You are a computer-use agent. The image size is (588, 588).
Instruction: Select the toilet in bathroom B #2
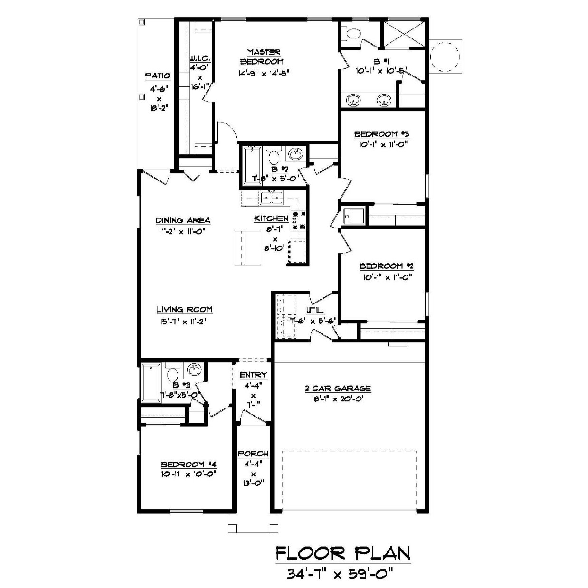point(274,156)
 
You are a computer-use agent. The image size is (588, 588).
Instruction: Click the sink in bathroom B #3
point(194,370)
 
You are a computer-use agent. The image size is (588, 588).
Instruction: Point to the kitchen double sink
point(272,198)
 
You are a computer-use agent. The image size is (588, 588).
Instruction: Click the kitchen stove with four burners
point(298,220)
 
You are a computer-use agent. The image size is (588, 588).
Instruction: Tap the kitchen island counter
point(248,248)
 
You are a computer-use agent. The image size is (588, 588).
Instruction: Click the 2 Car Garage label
point(338,389)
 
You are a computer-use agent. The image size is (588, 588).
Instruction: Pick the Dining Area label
point(183,220)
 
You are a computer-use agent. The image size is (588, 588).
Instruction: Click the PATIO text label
point(158,76)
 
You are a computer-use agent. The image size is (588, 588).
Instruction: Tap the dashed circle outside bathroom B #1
point(445,57)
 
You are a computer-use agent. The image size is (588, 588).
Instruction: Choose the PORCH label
point(253,454)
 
